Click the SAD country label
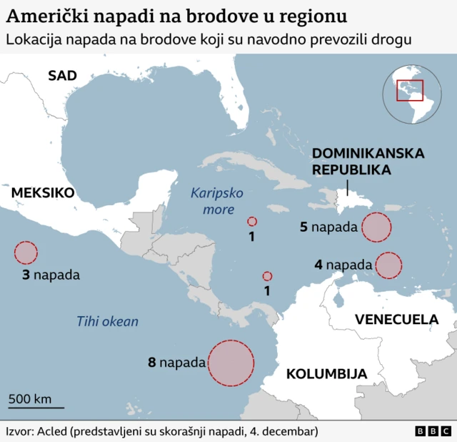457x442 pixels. click(x=62, y=75)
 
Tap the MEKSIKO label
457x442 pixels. click(x=43, y=192)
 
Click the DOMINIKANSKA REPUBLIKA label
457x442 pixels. click(x=368, y=162)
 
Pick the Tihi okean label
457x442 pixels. click(x=108, y=321)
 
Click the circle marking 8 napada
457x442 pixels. click(x=231, y=363)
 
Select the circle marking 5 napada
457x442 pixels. click(x=376, y=227)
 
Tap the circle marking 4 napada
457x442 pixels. click(x=388, y=265)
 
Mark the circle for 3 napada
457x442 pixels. click(x=26, y=253)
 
